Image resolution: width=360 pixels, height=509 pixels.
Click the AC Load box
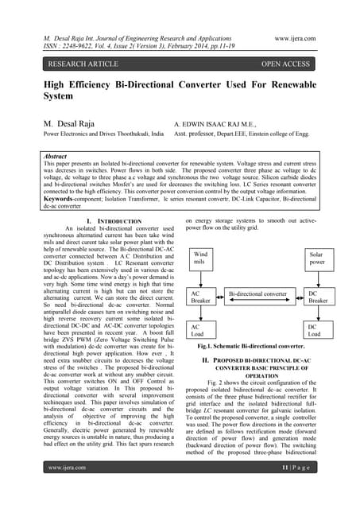[201, 331]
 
